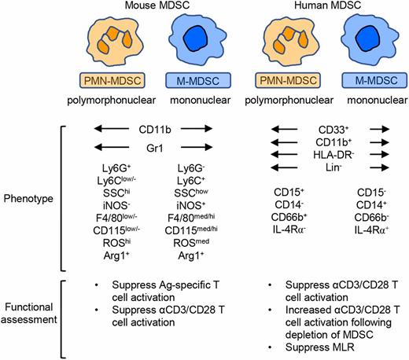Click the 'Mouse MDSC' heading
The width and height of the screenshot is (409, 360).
(x=153, y=7)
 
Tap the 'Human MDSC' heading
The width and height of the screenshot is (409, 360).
(x=321, y=7)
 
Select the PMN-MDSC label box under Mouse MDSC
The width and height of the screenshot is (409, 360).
(x=110, y=81)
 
